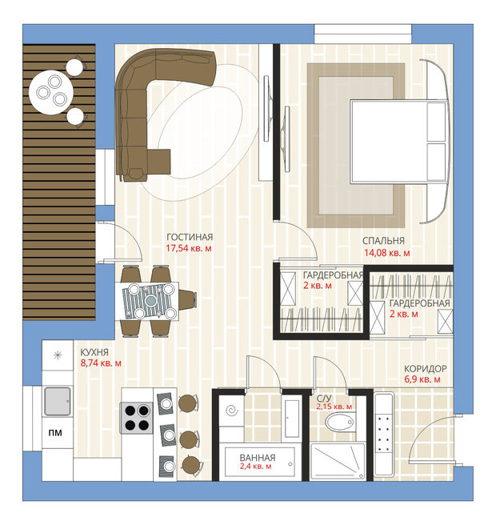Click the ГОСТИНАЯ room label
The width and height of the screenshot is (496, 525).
click(190, 237)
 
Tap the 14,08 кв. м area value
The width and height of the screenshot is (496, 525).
click(387, 253)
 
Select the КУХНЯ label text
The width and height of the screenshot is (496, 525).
click(94, 352)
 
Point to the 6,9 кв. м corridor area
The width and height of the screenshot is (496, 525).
click(422, 379)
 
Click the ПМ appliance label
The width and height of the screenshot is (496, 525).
click(55, 433)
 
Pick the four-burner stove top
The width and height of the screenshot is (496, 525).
click(137, 418)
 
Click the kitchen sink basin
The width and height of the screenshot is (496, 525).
click(58, 401)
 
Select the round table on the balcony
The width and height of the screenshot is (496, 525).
click(51, 92)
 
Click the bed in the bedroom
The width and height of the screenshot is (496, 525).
click(398, 142)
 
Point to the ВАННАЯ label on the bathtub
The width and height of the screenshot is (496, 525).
click(258, 457)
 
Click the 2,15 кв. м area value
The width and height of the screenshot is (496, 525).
click(334, 407)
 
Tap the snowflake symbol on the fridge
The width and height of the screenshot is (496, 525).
click(58, 355)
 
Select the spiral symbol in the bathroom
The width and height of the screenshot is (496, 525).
click(231, 411)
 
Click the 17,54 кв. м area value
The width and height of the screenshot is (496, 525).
click(189, 248)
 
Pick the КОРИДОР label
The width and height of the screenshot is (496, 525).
click(426, 369)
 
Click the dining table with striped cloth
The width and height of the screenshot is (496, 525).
click(147, 301)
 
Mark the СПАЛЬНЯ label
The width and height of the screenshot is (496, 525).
click(383, 241)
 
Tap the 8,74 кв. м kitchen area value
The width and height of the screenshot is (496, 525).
click(101, 363)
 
